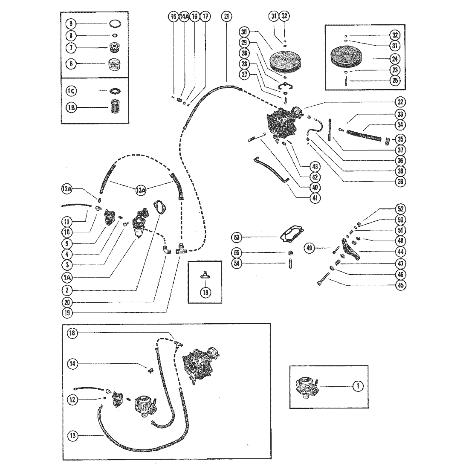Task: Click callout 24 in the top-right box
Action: point(394,58)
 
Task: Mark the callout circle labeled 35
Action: point(400,139)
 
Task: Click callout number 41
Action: point(316,198)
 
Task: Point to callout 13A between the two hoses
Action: point(141,191)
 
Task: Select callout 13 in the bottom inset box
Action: point(74,435)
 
